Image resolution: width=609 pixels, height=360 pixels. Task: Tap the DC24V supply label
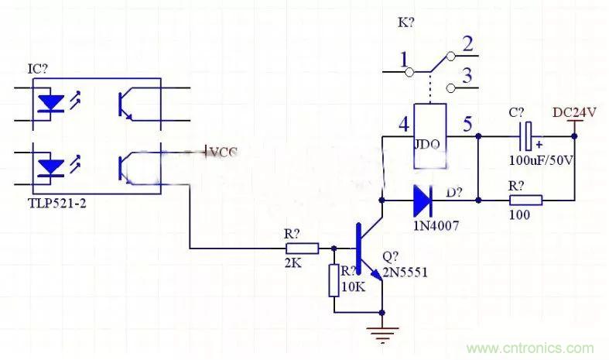(575, 112)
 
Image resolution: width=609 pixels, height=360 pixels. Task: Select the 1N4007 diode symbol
(422, 200)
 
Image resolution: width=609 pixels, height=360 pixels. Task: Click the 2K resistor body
(302, 249)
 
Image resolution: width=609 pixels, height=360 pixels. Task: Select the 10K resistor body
(334, 280)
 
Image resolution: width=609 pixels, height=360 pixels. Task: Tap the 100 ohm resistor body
(525, 200)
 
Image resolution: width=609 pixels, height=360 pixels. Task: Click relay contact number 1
(402, 59)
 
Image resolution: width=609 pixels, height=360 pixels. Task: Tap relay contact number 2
(467, 45)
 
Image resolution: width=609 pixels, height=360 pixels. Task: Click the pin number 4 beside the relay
(402, 124)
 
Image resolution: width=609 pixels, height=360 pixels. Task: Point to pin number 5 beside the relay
(466, 124)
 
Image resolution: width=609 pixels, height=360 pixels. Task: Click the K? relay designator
(406, 23)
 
